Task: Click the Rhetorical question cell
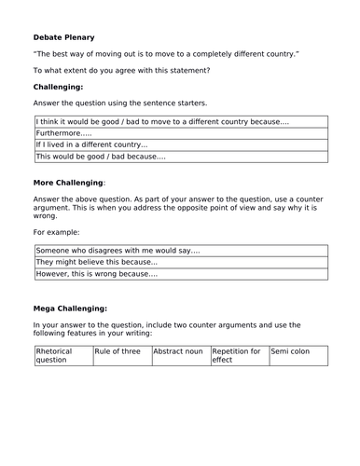click(x=62, y=355)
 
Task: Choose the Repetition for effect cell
click(x=237, y=355)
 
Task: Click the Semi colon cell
click(x=293, y=351)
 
